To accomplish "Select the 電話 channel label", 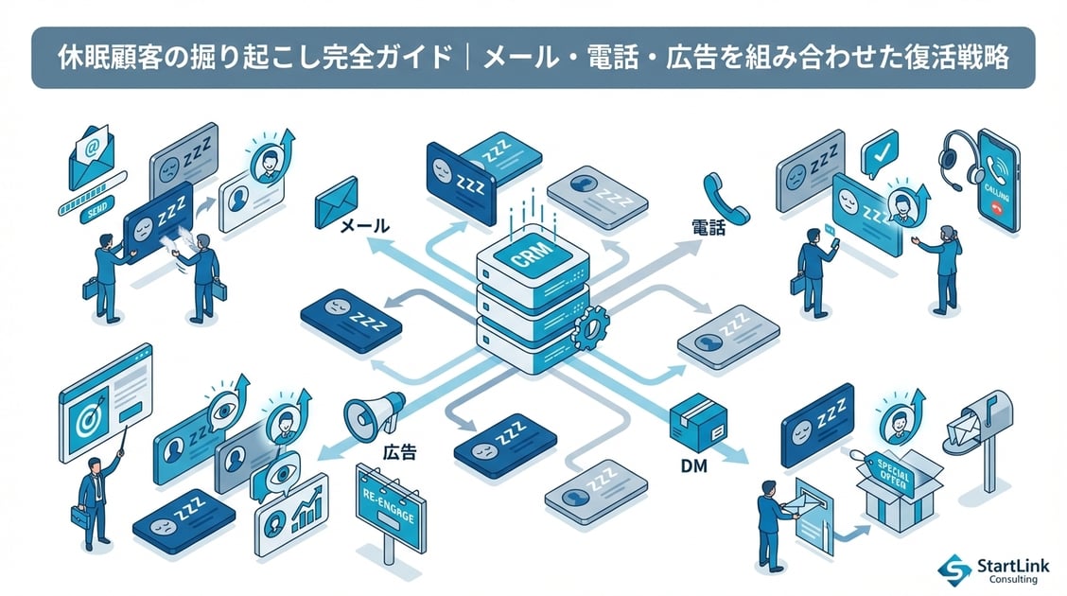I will [708, 228].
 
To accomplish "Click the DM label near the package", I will [695, 465].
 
